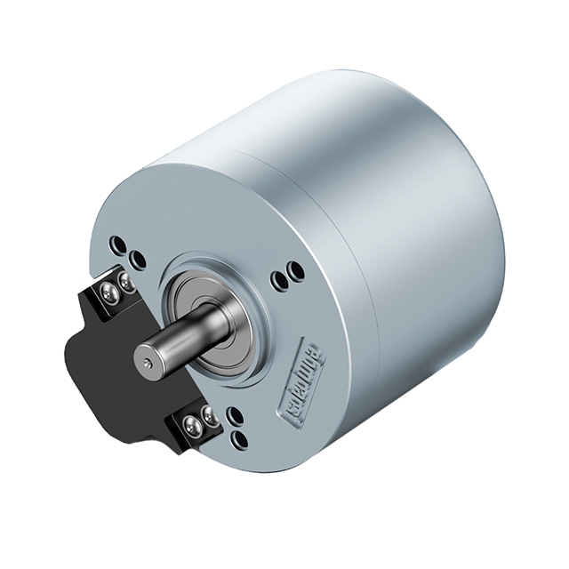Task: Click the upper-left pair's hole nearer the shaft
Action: (x=137, y=260)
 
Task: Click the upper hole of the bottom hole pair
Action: (x=236, y=416)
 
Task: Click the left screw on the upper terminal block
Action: (x=109, y=293)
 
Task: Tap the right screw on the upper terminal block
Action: (x=127, y=282)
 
